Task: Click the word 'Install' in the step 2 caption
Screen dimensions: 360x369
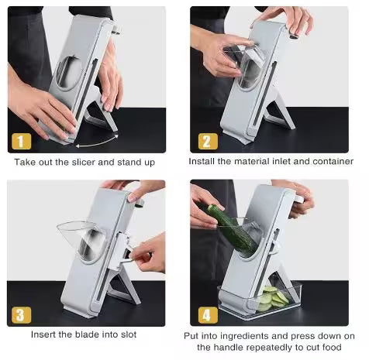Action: point(202,162)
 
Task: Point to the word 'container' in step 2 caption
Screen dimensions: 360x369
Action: point(332,162)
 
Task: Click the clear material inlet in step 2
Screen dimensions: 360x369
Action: point(244,66)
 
